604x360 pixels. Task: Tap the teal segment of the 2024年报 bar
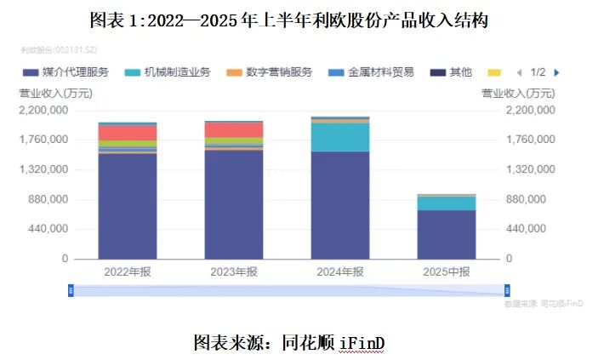point(340,137)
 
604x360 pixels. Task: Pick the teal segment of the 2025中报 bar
point(447,203)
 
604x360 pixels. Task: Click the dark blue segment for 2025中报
point(447,234)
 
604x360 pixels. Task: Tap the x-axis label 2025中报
point(447,271)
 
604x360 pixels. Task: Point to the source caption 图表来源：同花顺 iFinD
point(289,342)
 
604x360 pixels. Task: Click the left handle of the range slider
point(71,290)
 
